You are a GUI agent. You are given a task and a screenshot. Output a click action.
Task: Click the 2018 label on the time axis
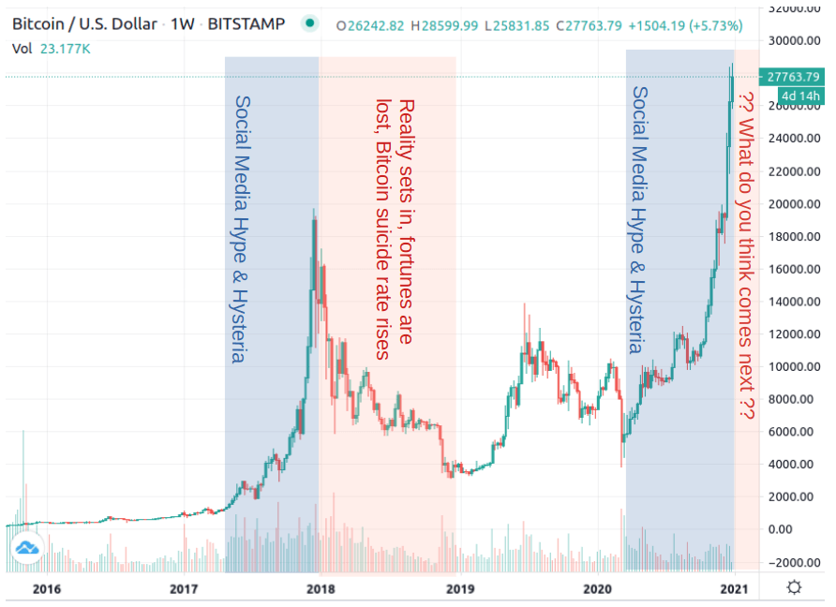[x=321, y=588]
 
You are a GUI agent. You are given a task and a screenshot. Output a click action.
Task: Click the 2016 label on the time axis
[x=46, y=588]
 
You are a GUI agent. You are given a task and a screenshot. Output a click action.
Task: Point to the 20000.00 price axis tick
[x=794, y=204]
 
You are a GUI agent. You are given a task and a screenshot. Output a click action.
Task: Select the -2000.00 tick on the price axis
[x=794, y=562]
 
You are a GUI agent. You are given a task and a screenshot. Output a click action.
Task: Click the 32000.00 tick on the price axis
[x=794, y=8]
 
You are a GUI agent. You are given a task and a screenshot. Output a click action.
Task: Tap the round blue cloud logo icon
[x=25, y=546]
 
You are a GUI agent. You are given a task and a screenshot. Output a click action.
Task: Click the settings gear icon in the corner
[x=794, y=587]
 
